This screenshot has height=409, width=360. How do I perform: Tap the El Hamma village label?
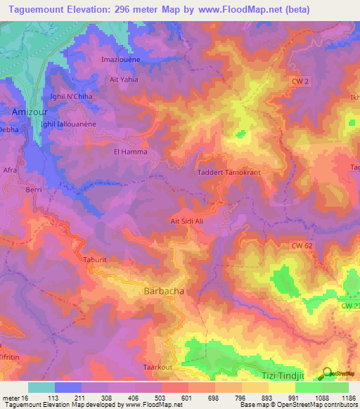click(x=128, y=151)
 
